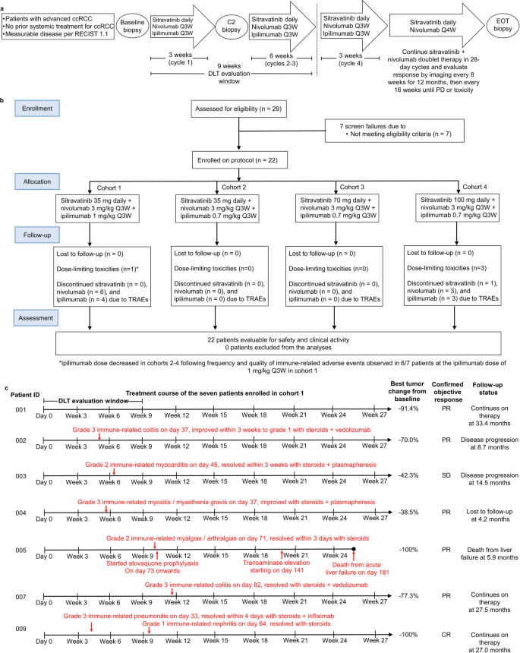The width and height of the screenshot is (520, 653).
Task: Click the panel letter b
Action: click(6, 99)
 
